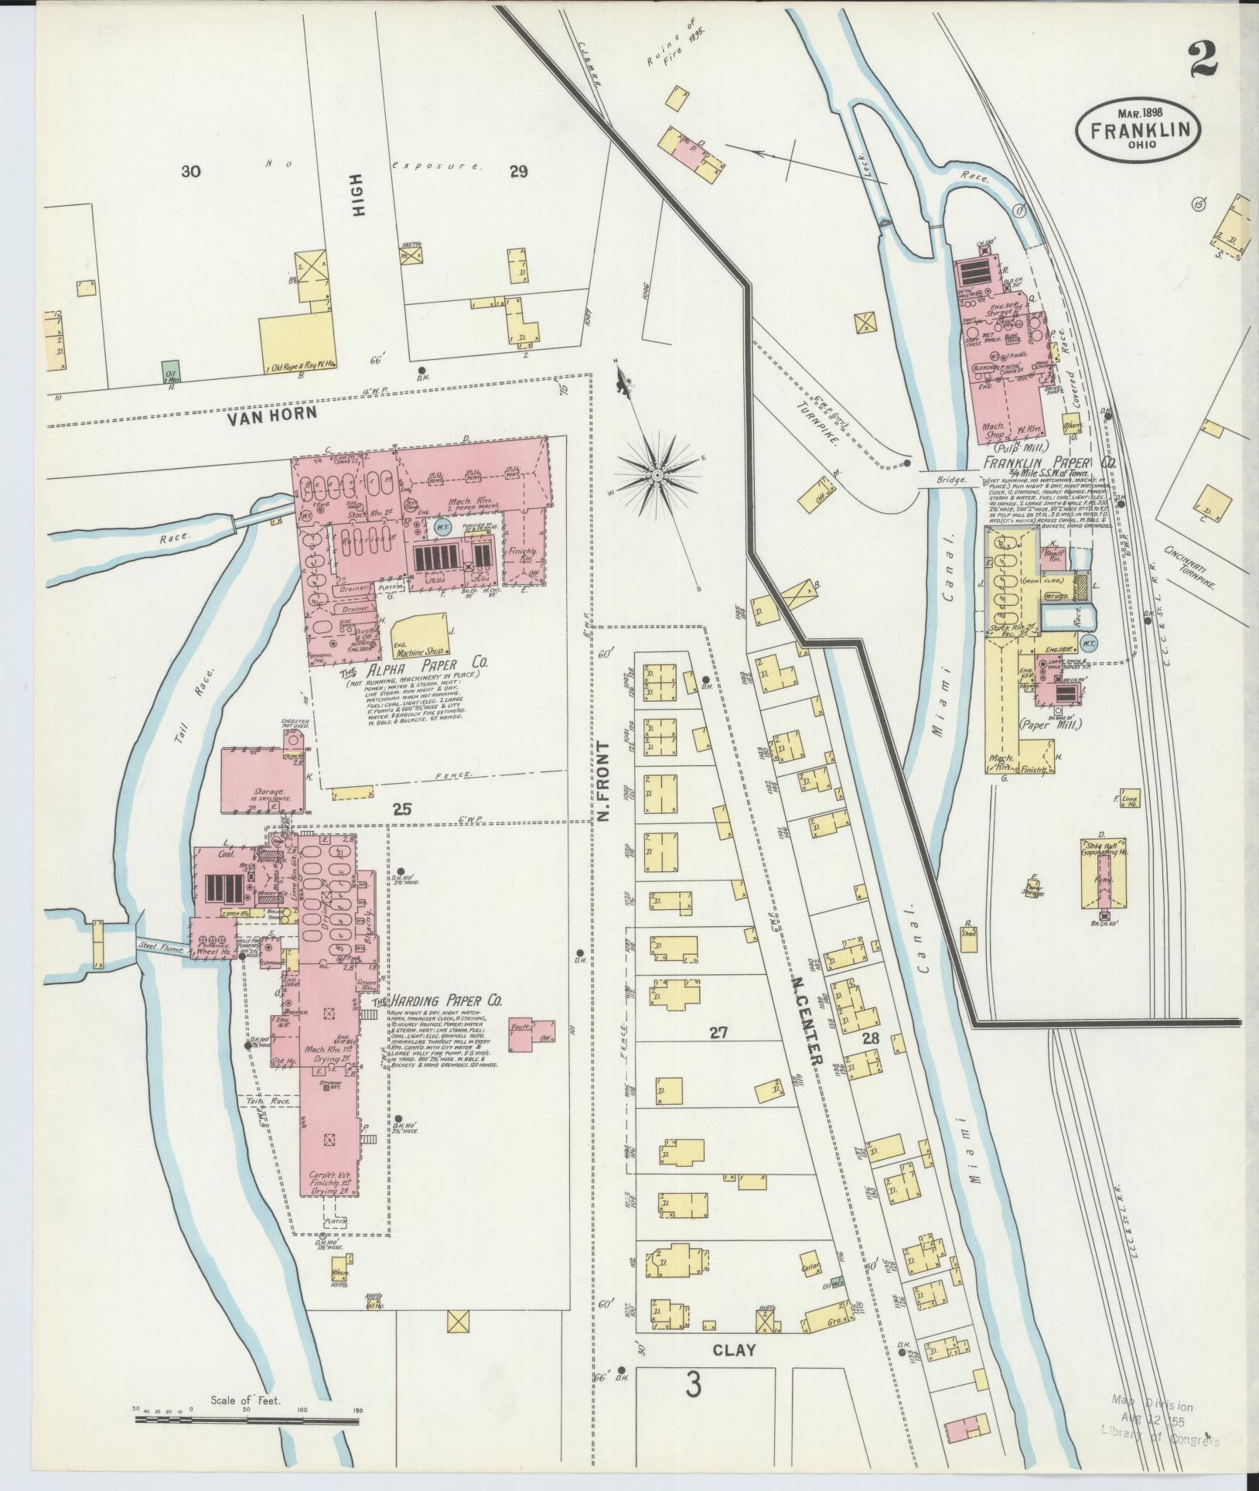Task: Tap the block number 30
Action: (x=191, y=172)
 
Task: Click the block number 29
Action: (x=518, y=172)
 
